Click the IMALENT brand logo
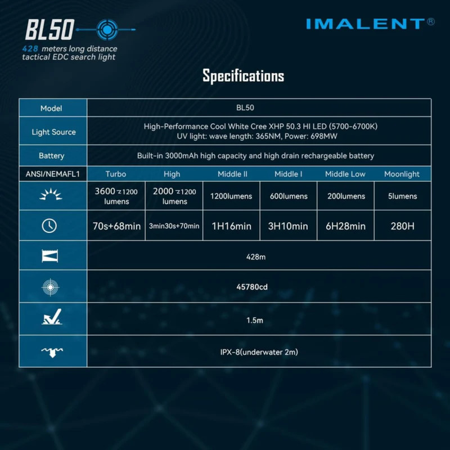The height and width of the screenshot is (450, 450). coord(370,24)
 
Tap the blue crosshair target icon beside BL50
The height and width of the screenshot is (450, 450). coord(107,30)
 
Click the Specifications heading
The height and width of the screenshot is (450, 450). coord(244,76)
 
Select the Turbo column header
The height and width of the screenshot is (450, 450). coord(116,174)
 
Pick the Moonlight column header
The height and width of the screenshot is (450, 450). coord(402,174)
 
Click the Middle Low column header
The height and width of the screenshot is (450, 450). coord(345,174)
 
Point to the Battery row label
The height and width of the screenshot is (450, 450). coord(52,156)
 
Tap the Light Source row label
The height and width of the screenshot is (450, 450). coord(53,132)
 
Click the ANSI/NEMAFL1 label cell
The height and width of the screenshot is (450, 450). coord(53,174)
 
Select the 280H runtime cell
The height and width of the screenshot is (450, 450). coord(402,226)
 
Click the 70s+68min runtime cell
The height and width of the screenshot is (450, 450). coord(116,226)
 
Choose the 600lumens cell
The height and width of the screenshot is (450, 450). coord(289,196)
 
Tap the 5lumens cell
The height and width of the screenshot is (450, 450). coord(402,196)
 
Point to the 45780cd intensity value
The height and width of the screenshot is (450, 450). coord(252,287)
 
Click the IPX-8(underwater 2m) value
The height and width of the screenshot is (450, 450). coord(259,352)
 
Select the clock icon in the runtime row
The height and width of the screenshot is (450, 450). coord(49,226)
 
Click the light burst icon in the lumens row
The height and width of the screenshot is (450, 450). coord(51,194)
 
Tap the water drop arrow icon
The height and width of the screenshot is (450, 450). coord(52,352)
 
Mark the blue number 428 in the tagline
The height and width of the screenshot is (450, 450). coord(30,48)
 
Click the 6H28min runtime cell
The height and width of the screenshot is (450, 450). coord(345,226)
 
